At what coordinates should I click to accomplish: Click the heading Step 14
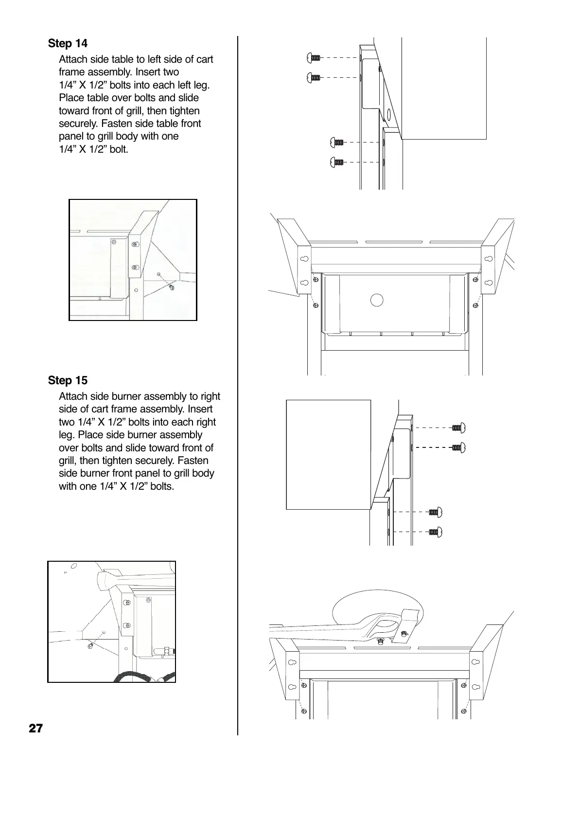tap(68, 44)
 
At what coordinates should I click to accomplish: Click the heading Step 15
tap(68, 380)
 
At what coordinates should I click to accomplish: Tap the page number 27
tap(35, 729)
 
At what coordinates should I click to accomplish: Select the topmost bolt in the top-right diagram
tap(314, 58)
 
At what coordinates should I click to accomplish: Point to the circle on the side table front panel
tap(377, 300)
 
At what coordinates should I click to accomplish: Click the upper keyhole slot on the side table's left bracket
tap(304, 259)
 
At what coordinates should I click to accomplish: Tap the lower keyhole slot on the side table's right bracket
tap(488, 282)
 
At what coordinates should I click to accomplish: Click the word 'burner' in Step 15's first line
tap(124, 396)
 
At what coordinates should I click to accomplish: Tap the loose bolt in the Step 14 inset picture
tap(171, 287)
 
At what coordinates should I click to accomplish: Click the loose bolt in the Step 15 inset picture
tap(90, 645)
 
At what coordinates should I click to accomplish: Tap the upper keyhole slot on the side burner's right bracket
tap(476, 662)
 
